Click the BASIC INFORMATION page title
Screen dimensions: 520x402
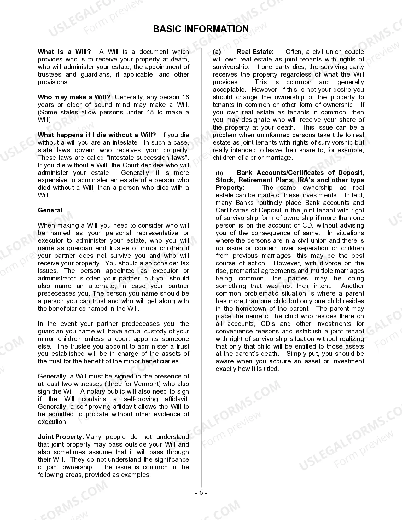tap(201, 29)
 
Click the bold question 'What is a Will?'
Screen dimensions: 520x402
tap(64, 52)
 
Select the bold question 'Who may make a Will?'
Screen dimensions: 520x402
tap(74, 97)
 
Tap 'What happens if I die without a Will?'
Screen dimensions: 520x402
tap(96, 135)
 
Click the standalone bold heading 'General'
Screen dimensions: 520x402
tap(50, 210)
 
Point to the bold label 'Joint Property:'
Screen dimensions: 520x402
tap(61, 437)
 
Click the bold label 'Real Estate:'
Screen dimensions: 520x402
tap(255, 52)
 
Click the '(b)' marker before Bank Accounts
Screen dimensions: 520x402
tap(219, 173)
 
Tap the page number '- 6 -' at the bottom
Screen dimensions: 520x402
tap(201, 493)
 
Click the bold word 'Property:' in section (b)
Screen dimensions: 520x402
tap(230, 188)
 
